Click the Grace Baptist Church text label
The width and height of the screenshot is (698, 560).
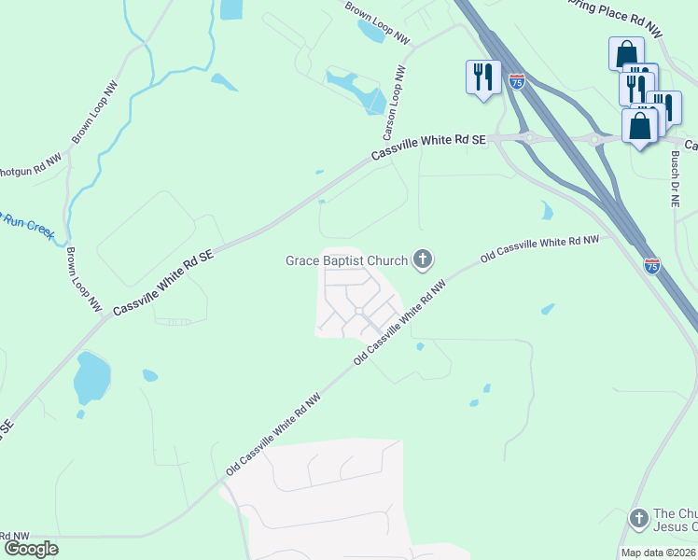346,260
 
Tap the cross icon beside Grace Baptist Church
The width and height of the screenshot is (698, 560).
423,259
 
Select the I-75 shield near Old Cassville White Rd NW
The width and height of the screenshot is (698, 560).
652,266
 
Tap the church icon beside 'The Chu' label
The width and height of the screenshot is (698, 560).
639,516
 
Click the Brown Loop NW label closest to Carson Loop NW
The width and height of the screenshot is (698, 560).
377,23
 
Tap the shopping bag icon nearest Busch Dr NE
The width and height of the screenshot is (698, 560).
641,124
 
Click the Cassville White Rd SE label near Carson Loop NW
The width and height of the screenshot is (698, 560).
429,148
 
